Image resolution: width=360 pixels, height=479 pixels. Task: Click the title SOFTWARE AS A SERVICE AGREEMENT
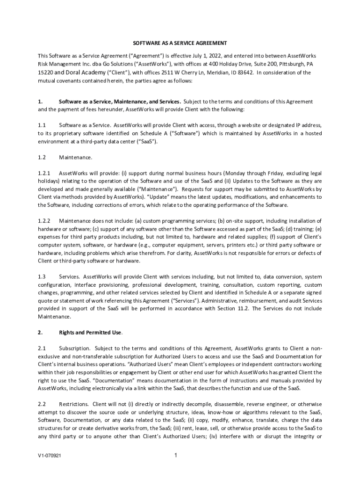[180, 43]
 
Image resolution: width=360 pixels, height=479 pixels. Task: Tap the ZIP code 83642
[244, 73]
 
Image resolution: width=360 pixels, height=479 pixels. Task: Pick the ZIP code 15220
[46, 73]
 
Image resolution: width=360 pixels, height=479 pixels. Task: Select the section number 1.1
[42, 125]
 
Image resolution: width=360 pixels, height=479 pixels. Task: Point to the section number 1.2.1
[44, 173]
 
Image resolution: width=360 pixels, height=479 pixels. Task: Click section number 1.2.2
[44, 220]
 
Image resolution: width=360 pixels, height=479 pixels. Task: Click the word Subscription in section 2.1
[75, 348]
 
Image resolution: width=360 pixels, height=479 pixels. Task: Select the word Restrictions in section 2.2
[75, 404]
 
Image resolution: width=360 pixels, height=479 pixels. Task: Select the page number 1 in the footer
[175, 455]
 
